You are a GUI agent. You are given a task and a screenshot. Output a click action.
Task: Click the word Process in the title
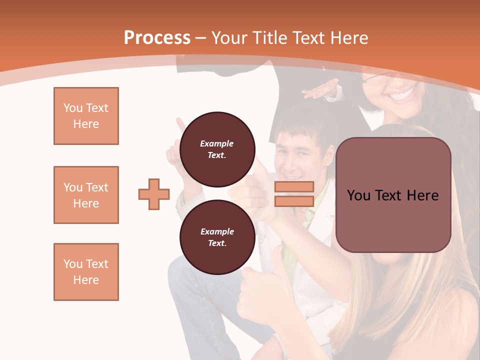(x=157, y=37)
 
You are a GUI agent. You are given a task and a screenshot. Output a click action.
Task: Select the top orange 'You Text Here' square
(x=86, y=116)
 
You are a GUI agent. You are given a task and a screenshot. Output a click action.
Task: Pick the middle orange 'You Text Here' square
(x=86, y=195)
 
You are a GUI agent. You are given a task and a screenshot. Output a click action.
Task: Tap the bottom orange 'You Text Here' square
(x=86, y=272)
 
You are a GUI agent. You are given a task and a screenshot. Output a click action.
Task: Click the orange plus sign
(x=154, y=194)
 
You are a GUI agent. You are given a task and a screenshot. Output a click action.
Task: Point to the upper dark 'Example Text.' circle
(x=217, y=149)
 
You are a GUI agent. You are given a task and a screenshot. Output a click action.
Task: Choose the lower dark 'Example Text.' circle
(x=217, y=237)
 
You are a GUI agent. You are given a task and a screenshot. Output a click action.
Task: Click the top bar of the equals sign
(x=294, y=186)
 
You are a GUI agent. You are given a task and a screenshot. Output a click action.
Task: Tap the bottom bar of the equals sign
(x=294, y=201)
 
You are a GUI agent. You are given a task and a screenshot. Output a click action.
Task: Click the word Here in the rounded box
(x=422, y=195)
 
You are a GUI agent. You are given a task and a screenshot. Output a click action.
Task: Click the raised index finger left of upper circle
(x=180, y=125)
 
